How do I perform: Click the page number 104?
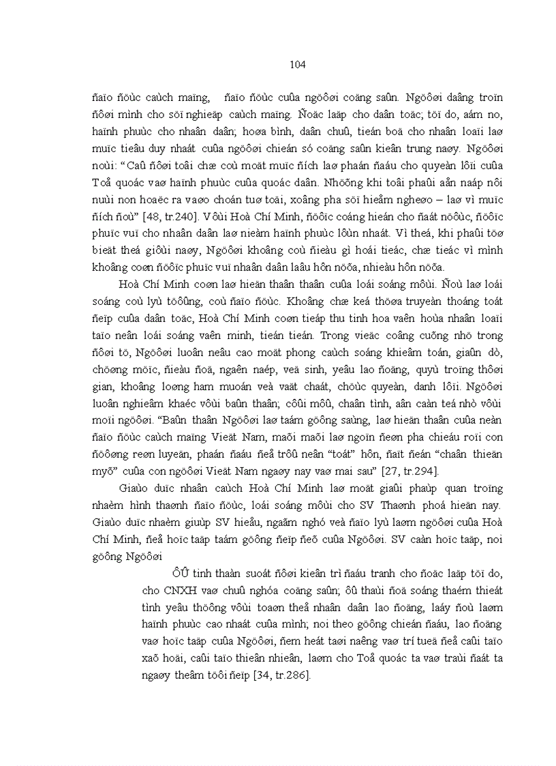click(x=297, y=65)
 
